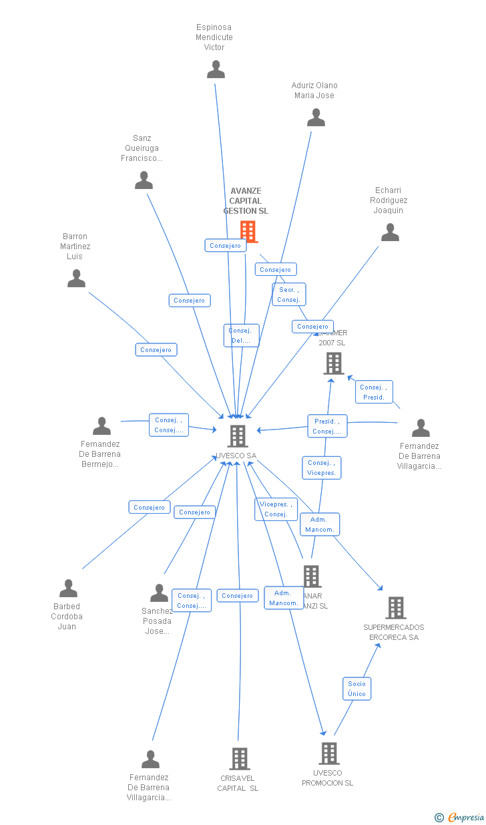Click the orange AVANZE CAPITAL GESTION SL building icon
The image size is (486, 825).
(x=248, y=231)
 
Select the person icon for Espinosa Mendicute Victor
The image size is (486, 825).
(x=216, y=69)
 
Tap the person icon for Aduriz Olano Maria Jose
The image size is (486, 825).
(x=316, y=118)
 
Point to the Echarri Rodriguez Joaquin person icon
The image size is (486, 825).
(x=390, y=232)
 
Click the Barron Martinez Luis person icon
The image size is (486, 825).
(x=77, y=279)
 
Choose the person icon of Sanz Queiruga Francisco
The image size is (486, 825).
(x=144, y=180)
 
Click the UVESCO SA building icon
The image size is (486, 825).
(x=238, y=436)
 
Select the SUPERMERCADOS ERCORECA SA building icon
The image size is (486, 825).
(x=395, y=608)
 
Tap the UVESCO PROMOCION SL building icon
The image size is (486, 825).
(x=328, y=754)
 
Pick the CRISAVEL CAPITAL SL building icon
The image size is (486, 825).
(x=240, y=759)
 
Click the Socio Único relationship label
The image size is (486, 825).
(x=357, y=689)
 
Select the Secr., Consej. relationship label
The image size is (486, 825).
(x=289, y=295)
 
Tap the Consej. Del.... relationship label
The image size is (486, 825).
(x=241, y=335)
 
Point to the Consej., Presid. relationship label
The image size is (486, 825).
(x=374, y=392)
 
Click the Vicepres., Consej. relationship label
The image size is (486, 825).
(x=276, y=509)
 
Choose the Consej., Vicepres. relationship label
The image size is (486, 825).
(x=322, y=468)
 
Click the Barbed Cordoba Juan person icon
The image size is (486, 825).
(x=68, y=589)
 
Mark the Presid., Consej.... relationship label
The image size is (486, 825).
(x=327, y=426)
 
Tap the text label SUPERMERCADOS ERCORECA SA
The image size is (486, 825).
(x=394, y=632)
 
